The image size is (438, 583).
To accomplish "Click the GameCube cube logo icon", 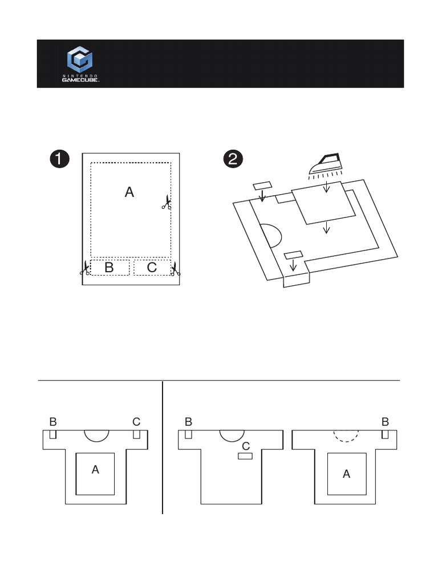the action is [80, 60].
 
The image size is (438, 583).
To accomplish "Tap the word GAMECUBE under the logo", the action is [80, 80].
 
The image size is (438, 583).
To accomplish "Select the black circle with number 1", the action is [59, 159].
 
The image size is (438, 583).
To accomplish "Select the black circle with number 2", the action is [232, 159].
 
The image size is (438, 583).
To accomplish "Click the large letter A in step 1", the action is [129, 192].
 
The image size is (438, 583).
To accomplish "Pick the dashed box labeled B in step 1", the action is [109, 268].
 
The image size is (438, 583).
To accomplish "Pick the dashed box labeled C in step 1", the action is [152, 268].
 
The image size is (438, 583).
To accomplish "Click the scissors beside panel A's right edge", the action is [167, 202].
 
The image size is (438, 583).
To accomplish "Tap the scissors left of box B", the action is [85, 269].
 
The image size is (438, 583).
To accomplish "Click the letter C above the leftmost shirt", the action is [136, 422].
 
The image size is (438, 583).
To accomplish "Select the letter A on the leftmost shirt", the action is [95, 470].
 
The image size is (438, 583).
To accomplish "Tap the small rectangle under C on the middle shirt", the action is [245, 456].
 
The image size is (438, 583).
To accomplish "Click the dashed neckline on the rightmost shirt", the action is [346, 436].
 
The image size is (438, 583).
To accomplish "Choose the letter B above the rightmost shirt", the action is [385, 422].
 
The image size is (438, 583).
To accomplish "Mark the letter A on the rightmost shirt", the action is [346, 473].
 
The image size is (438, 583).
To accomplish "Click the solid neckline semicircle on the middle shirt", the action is [232, 436].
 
